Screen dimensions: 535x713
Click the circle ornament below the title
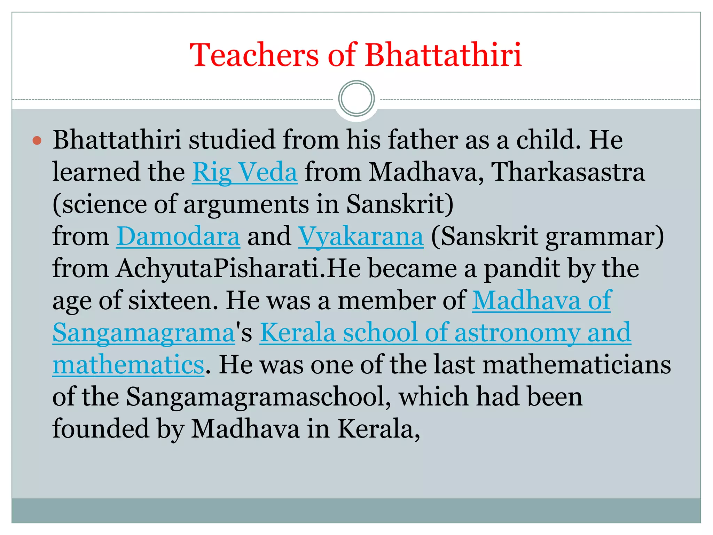pyautogui.click(x=356, y=98)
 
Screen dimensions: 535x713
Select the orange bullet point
pyautogui.click(x=37, y=141)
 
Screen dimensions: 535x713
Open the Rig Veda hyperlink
pyautogui.click(x=245, y=172)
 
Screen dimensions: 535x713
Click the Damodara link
pyautogui.click(x=178, y=237)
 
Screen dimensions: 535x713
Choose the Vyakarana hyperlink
pyautogui.click(x=361, y=237)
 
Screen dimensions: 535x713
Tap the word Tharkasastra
pyautogui.click(x=568, y=172)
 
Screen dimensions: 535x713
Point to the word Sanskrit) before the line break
pyautogui.click(x=400, y=204)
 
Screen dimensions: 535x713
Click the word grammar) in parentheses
pyautogui.click(x=605, y=237)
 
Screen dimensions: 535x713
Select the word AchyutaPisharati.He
pyautogui.click(x=238, y=269)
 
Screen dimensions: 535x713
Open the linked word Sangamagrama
pyautogui.click(x=144, y=333)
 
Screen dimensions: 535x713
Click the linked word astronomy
pyautogui.click(x=517, y=333)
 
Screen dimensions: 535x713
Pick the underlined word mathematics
pyautogui.click(x=128, y=365)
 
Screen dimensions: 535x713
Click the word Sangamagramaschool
pyautogui.click(x=258, y=397)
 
